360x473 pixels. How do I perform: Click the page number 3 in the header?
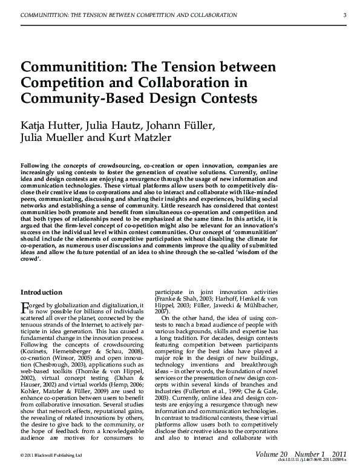tap(344, 15)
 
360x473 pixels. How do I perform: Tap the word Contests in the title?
tap(225, 97)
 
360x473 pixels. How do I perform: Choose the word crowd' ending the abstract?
tap(31, 257)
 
